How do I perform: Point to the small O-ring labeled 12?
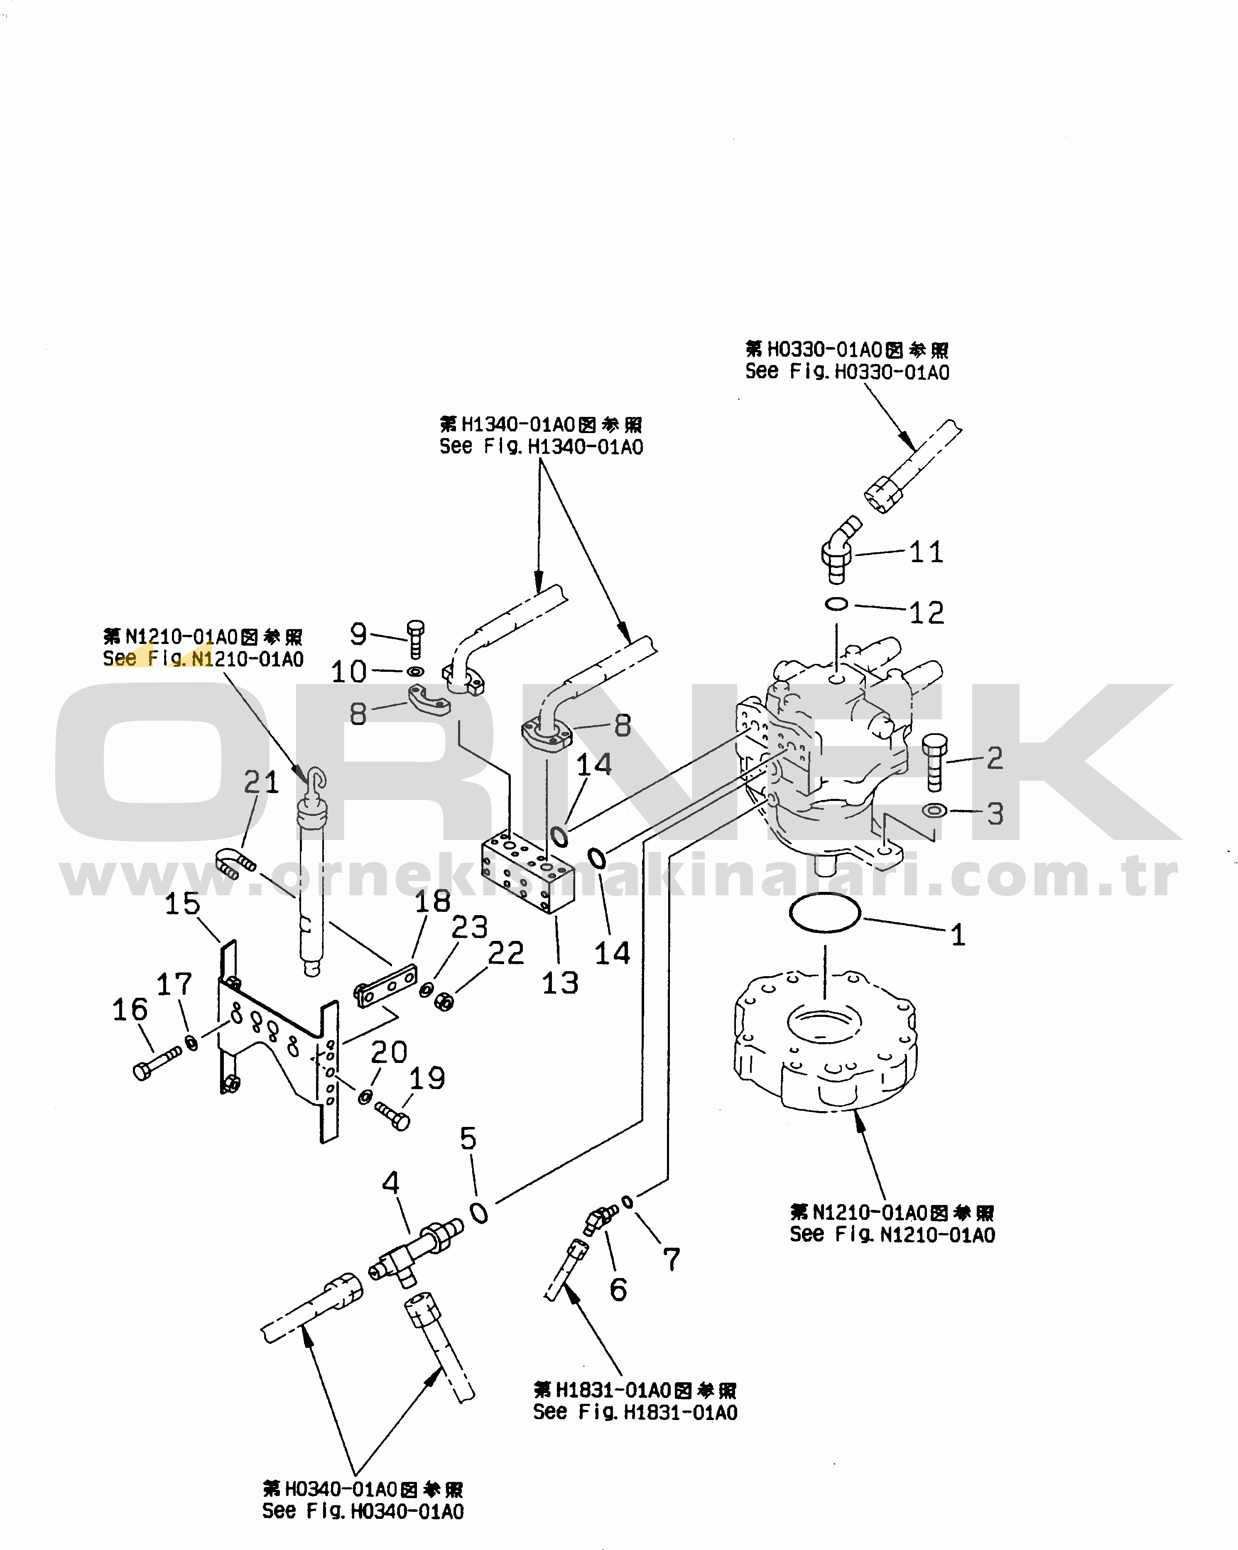[x=837, y=604]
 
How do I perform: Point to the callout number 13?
[x=560, y=983]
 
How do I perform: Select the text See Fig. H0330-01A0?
[x=847, y=372]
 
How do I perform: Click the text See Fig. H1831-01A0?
[x=635, y=1412]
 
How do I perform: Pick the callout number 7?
[x=671, y=1259]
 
